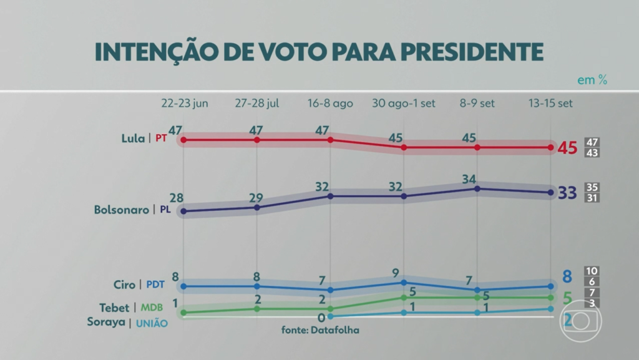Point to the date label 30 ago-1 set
[404, 103]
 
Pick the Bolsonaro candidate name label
[122, 210]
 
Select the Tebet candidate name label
[114, 308]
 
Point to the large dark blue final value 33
[567, 193]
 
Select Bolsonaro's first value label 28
[177, 198]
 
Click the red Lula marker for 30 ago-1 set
[404, 148]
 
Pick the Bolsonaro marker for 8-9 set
[477, 188]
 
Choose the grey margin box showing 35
[592, 187]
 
